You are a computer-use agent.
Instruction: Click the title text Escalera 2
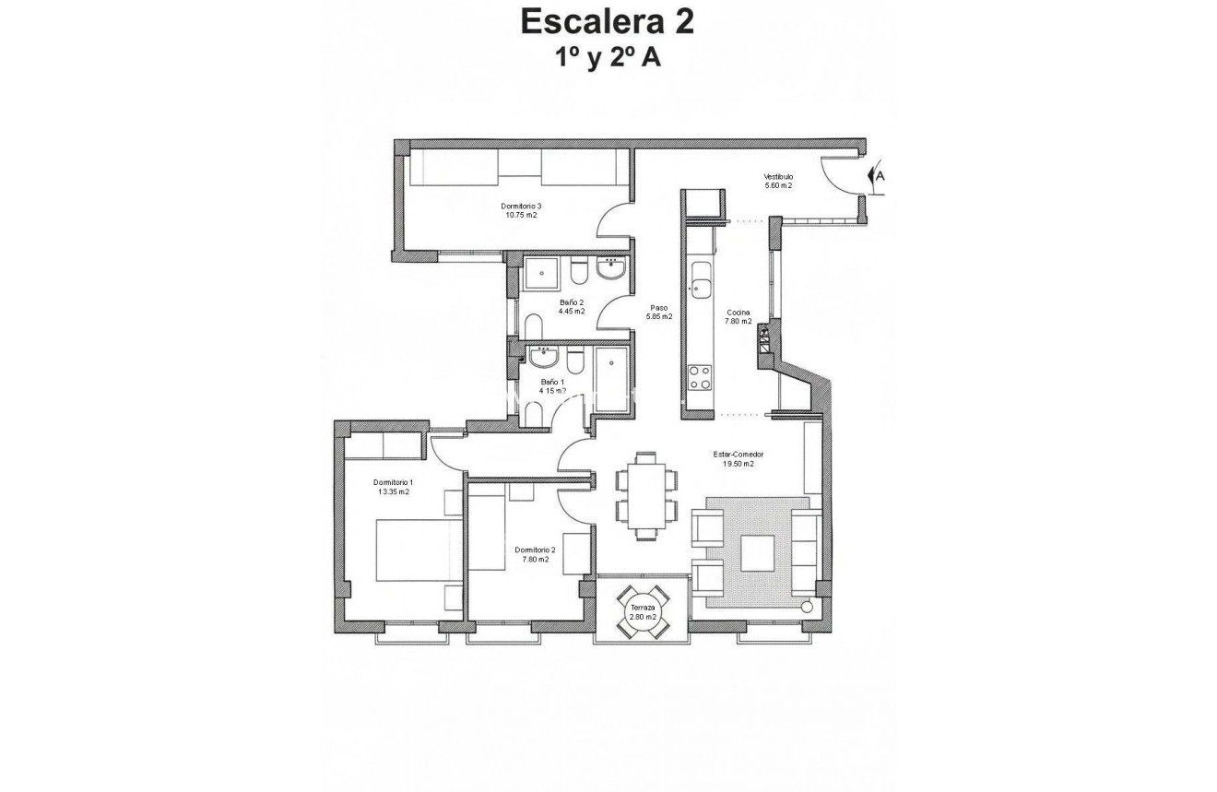tap(608, 20)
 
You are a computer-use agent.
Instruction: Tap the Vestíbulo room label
tap(778, 177)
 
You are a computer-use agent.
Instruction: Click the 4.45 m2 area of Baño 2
tap(572, 312)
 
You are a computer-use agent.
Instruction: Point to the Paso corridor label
tap(658, 309)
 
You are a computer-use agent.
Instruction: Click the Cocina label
tap(738, 313)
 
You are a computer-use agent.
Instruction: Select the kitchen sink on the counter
tap(701, 282)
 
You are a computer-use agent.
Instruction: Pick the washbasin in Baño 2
tap(611, 269)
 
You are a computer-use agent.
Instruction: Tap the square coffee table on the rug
tap(758, 553)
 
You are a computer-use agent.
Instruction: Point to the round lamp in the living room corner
tap(808, 607)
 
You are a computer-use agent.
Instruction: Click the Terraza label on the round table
tap(643, 609)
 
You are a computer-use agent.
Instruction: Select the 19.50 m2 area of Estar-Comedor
tap(738, 465)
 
